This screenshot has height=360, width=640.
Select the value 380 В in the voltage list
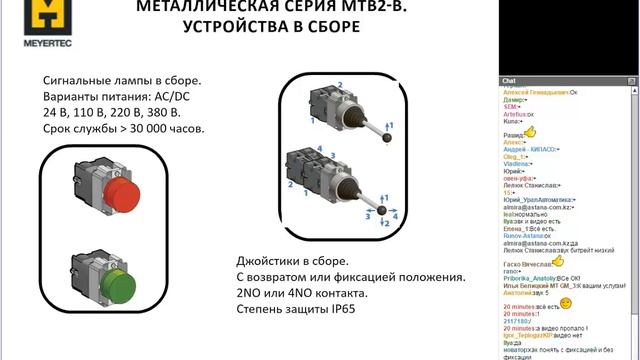click(x=185, y=113)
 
